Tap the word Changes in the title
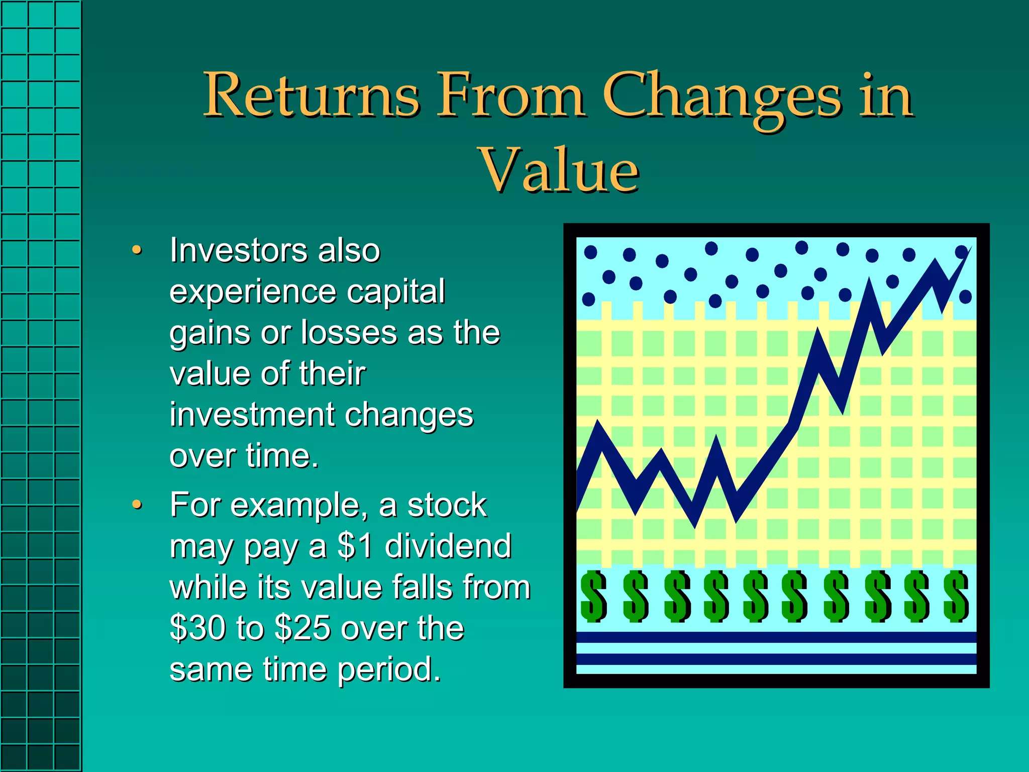pos(722,95)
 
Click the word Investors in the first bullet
pos(237,250)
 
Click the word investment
pos(251,415)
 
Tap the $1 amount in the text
pos(355,546)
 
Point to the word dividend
pos(448,546)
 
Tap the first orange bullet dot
pos(136,250)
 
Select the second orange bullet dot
pos(136,505)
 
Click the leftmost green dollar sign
pos(593,597)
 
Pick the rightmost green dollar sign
pos(956,597)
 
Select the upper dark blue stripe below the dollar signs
pos(776,637)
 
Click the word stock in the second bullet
pos(447,505)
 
